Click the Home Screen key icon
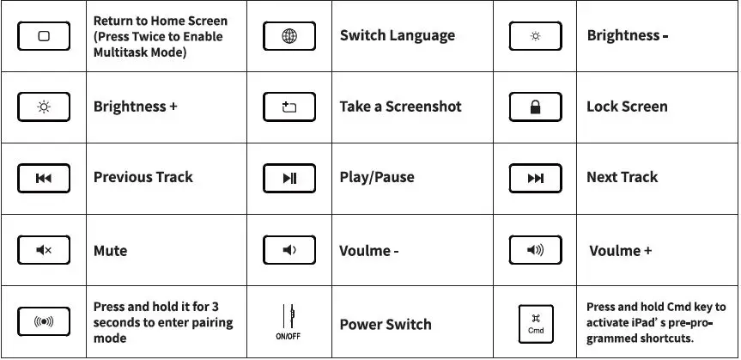(x=44, y=36)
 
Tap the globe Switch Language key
(x=289, y=36)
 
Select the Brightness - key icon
(x=536, y=36)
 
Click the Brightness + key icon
(x=44, y=107)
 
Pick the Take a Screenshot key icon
(x=289, y=107)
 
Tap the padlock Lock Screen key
(x=536, y=107)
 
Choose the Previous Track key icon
(x=44, y=178)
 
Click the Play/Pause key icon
(x=289, y=178)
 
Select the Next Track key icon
(x=536, y=178)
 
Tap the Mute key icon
(x=44, y=250)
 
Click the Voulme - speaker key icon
(x=289, y=250)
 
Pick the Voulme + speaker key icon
(x=536, y=250)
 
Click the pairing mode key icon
(x=44, y=322)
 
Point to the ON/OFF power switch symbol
(x=289, y=320)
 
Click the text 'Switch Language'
(x=397, y=36)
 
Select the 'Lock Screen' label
(x=626, y=107)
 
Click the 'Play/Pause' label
(x=376, y=178)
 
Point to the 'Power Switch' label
(x=385, y=324)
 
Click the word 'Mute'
(x=110, y=251)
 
